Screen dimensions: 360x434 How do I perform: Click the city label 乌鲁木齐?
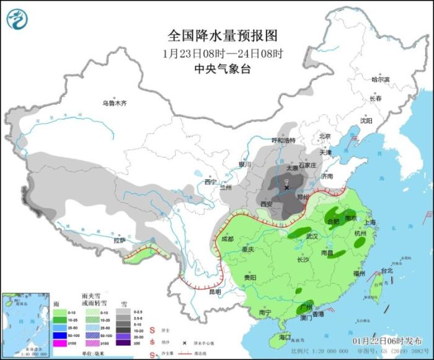pyautogui.click(x=114, y=103)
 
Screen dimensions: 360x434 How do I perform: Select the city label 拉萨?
pyautogui.click(x=120, y=240)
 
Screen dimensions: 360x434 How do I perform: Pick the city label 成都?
pyautogui.click(x=228, y=239)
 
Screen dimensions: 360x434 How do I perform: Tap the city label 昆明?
pyautogui.click(x=215, y=291)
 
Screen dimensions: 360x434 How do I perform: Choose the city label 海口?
pyautogui.click(x=285, y=337)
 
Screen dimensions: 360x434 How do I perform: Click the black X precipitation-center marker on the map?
pyautogui.click(x=286, y=187)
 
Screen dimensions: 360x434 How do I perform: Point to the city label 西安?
pyautogui.click(x=267, y=204)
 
